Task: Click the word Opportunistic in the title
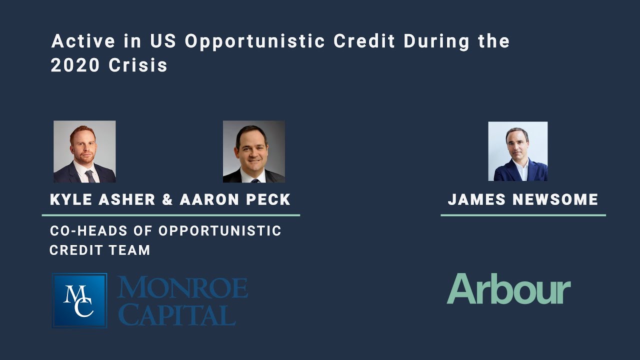[x=255, y=41]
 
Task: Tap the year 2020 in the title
[x=75, y=66]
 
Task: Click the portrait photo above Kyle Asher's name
[x=84, y=151]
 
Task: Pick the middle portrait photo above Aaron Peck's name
[x=253, y=151]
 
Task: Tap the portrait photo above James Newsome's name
[x=517, y=151]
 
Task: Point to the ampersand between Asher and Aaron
[x=167, y=199]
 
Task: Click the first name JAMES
[x=477, y=199]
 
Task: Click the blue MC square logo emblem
[x=79, y=300]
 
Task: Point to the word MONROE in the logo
[x=182, y=288]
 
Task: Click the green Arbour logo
[x=508, y=289]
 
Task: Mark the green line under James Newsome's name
[x=523, y=215]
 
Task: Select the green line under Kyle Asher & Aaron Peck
[x=170, y=215]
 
